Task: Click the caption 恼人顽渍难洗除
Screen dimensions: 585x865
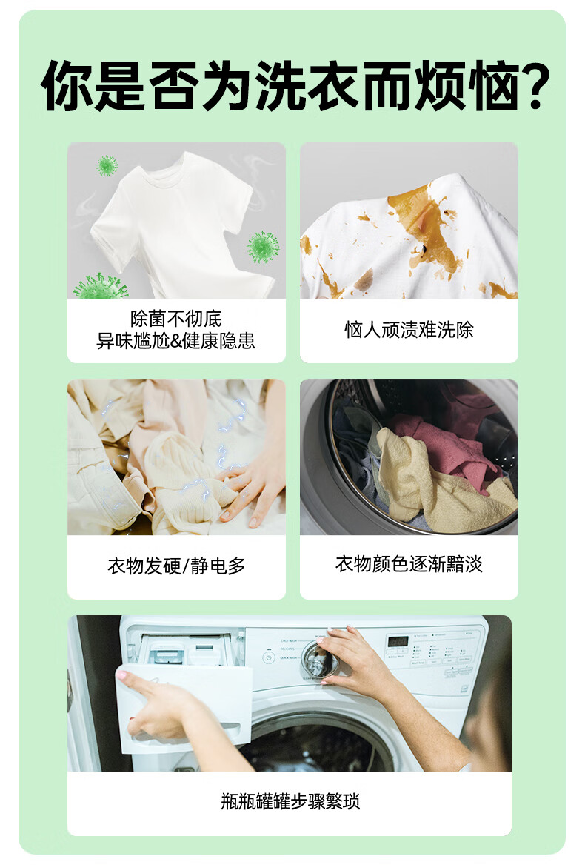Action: (409, 330)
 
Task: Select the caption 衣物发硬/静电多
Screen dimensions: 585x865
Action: (176, 566)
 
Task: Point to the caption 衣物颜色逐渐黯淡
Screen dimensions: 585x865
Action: (409, 564)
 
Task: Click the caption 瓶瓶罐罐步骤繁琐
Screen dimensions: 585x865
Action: (290, 801)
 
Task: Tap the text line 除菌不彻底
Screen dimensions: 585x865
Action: (176, 318)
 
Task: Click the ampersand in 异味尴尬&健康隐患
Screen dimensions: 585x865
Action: (176, 342)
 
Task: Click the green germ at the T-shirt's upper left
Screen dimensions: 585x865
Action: (107, 165)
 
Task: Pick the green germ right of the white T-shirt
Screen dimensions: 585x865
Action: (263, 247)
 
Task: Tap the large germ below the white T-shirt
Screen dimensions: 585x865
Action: (101, 286)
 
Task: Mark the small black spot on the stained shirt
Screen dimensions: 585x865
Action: (427, 249)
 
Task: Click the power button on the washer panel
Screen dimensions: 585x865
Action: (269, 657)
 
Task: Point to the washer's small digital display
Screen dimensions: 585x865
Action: (398, 641)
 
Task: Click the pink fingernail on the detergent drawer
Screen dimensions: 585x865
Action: (121, 674)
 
